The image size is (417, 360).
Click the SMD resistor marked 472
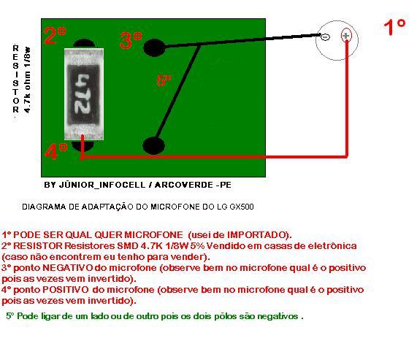tap(84, 94)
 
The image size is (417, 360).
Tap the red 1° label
tap(394, 27)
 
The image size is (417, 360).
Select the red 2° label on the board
tap(55, 35)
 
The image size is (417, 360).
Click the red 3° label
tap(131, 40)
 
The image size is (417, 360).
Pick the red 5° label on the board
tap(164, 80)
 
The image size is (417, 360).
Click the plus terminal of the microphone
tap(346, 35)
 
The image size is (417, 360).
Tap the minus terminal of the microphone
tap(325, 37)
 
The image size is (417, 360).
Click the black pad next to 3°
tap(154, 47)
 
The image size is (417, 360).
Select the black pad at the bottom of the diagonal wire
tap(153, 145)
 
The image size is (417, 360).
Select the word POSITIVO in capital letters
tap(66, 290)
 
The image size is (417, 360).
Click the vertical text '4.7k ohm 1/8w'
tap(27, 80)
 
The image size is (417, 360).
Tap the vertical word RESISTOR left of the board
tap(15, 79)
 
